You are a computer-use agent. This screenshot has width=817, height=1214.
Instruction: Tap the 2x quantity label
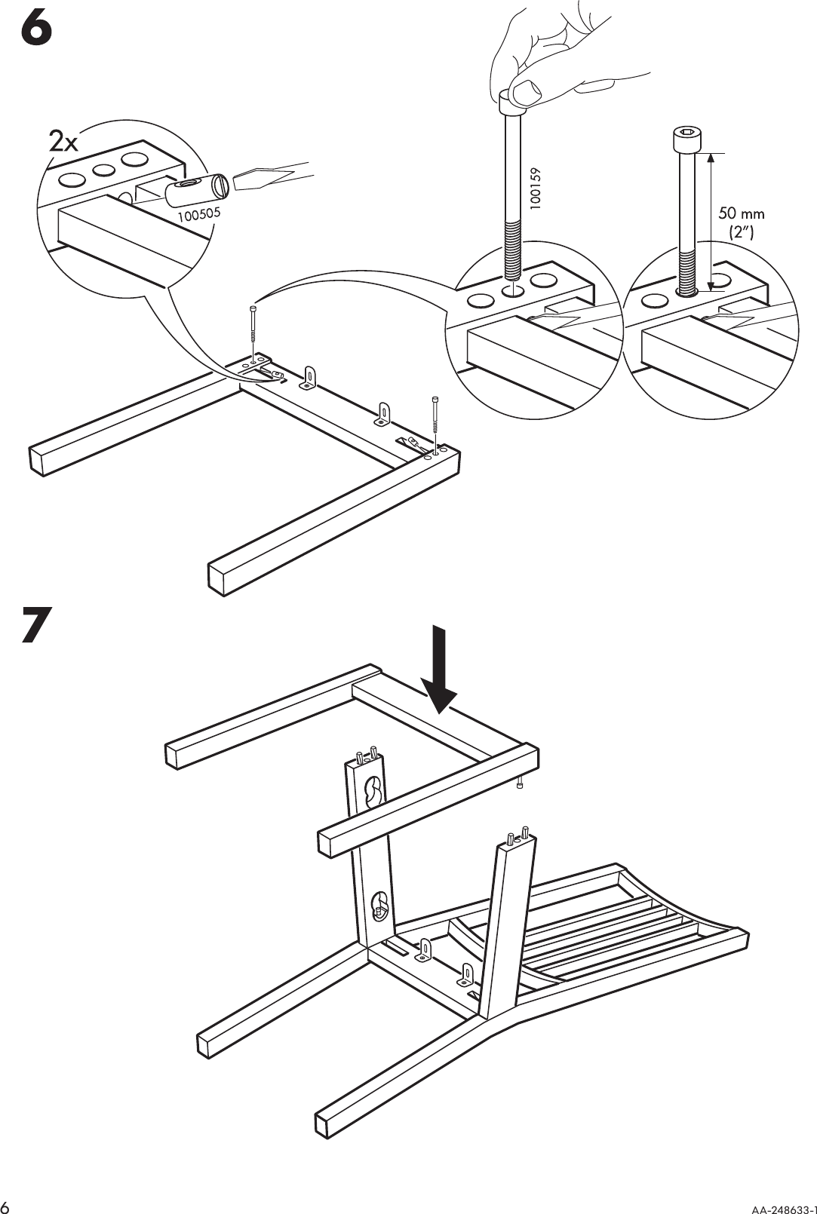coord(63,143)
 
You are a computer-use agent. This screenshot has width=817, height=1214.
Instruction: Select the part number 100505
coord(198,216)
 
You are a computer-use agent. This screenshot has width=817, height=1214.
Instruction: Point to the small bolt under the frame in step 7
coord(520,785)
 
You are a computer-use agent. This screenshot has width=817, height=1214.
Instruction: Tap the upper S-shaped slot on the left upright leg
coord(371,794)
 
